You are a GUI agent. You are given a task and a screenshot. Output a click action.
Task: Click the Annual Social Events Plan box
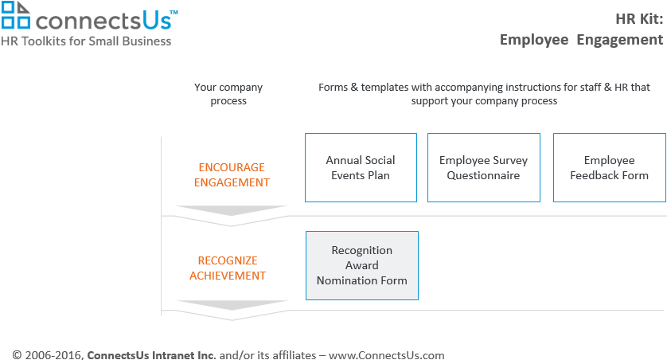pos(361,168)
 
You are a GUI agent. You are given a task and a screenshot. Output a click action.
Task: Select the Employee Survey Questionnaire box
pos(484,168)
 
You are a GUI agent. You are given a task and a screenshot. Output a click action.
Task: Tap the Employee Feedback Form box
pos(609,168)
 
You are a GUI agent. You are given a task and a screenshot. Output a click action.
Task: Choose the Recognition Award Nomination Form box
pos(362,265)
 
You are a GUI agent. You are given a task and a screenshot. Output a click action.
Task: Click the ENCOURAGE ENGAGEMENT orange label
pos(232,175)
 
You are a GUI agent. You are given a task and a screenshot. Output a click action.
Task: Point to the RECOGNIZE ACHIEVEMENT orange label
pos(228,268)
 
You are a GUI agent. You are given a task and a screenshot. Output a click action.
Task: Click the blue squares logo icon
pos(16,15)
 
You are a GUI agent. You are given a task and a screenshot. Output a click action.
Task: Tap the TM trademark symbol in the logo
pos(174,14)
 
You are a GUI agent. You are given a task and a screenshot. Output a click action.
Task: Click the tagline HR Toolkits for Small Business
pos(86,41)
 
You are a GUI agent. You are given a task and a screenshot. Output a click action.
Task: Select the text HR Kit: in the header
pos(639,19)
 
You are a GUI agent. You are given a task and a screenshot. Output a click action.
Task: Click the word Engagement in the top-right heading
pos(620,40)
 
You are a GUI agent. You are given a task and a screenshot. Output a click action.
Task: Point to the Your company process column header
pos(228,94)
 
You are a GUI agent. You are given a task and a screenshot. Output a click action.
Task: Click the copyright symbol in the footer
pos(17,355)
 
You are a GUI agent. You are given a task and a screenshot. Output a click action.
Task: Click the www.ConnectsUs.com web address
pos(387,355)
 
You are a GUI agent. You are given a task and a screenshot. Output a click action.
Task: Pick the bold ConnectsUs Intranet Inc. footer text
pos(151,355)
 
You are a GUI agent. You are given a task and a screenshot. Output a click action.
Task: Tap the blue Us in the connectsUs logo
pos(157,21)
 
